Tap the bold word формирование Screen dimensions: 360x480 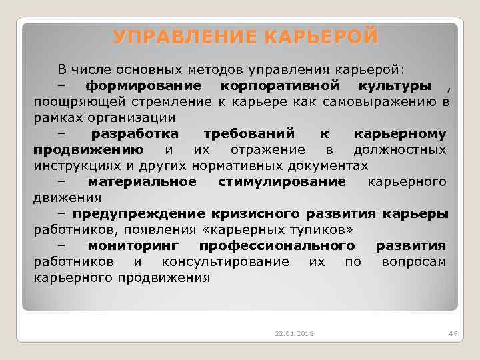[x=143, y=86]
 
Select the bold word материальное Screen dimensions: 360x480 [x=142, y=181]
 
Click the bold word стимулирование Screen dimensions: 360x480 [x=282, y=181]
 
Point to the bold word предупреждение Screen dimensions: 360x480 [x=139, y=213]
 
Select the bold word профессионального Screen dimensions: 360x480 [x=277, y=245]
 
